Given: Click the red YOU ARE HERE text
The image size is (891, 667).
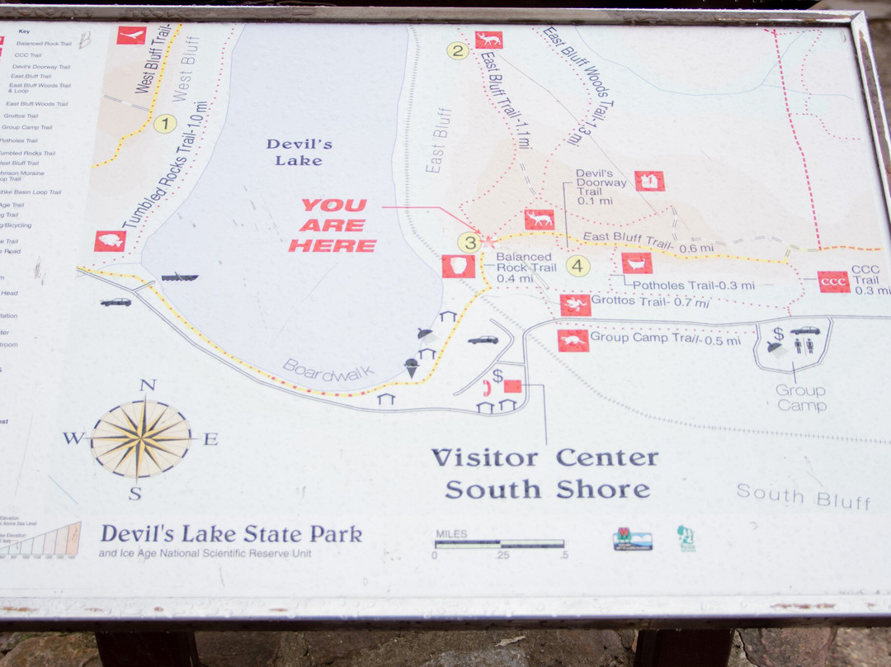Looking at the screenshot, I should (x=332, y=225).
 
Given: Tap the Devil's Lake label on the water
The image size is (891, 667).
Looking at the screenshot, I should (x=299, y=152).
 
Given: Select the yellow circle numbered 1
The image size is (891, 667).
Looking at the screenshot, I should (x=166, y=124).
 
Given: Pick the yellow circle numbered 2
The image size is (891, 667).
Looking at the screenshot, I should (x=458, y=50).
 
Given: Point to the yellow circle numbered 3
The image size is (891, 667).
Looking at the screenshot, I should (x=469, y=243).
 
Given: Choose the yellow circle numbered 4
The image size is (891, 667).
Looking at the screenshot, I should (x=577, y=266).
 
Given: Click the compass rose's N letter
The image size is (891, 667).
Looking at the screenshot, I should (x=148, y=385).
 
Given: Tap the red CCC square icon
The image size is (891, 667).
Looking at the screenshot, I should (x=833, y=282).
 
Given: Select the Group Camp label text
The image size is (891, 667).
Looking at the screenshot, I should (x=800, y=397).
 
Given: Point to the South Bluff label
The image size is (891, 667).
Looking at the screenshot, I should (x=804, y=497).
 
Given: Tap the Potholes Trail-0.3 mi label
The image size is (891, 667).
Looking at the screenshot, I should (x=693, y=286).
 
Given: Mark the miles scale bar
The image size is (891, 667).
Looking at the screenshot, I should (x=500, y=544).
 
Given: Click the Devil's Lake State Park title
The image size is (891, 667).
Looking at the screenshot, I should (x=231, y=534).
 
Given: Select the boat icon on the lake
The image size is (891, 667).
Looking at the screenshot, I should (x=179, y=277).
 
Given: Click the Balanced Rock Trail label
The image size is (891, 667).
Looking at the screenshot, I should (x=526, y=267).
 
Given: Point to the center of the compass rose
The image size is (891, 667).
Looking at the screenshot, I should (x=141, y=438).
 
